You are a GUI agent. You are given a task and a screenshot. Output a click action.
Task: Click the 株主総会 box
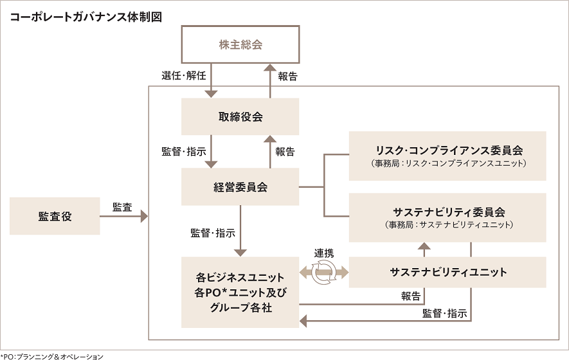[240, 45]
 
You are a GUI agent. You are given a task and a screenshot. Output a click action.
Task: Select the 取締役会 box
[240, 116]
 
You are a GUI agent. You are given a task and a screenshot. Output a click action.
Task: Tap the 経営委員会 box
[240, 187]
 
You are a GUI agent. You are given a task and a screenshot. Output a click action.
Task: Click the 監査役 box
[55, 216]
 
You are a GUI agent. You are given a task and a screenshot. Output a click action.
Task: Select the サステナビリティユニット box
[447, 272]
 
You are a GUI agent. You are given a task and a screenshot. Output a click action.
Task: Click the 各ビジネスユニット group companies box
[240, 292]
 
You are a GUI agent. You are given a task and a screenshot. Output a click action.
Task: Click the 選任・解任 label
[183, 76]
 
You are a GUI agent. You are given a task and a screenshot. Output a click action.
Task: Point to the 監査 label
[122, 207]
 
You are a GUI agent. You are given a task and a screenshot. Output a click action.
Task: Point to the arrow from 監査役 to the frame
[123, 217]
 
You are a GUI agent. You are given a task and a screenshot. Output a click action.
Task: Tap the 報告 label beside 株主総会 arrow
[287, 76]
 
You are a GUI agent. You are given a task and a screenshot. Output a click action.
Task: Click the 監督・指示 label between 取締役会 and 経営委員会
[183, 152]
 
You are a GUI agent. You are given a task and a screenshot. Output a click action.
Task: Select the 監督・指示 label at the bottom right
[444, 314]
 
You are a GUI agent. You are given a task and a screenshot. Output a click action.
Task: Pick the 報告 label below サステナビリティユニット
[411, 296]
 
